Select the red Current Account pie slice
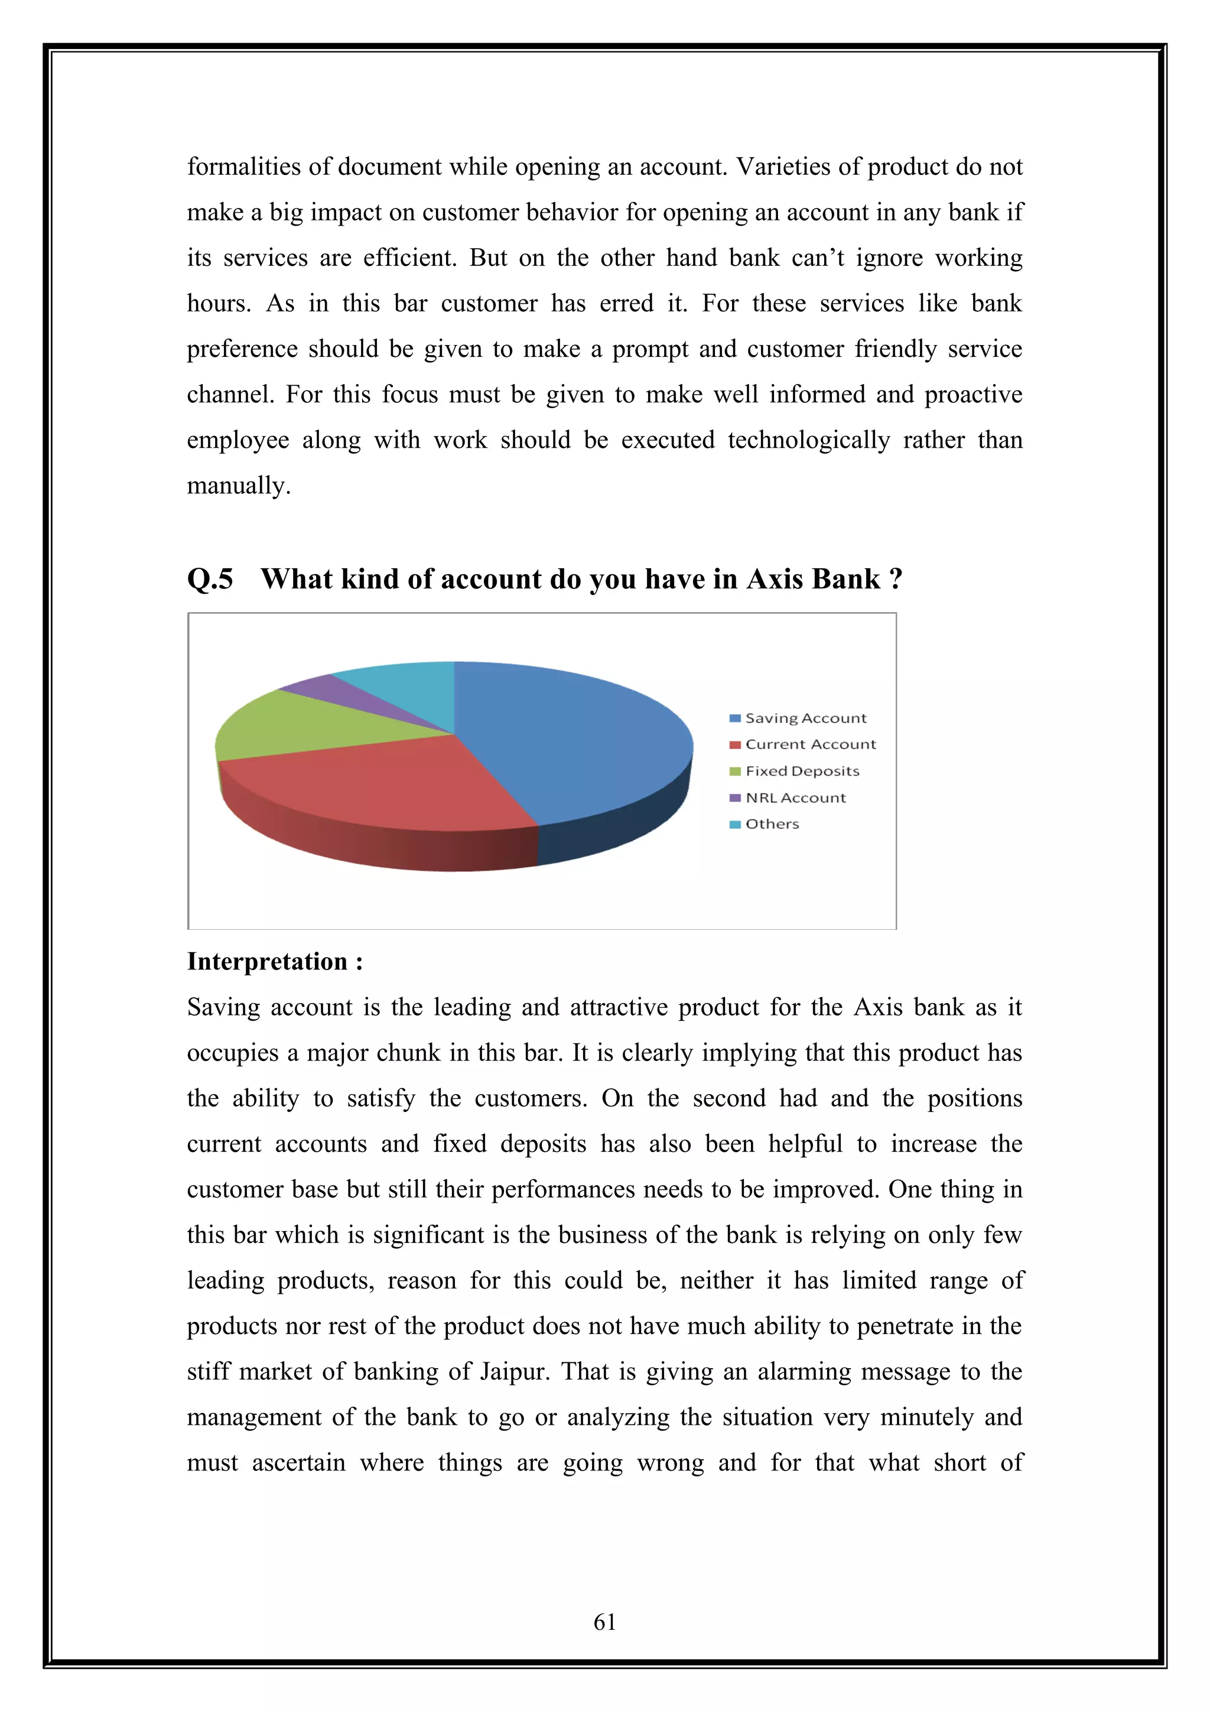pos(373,783)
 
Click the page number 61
pos(604,1622)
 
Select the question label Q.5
pos(210,578)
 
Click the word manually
pos(238,486)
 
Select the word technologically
pos(808,440)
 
